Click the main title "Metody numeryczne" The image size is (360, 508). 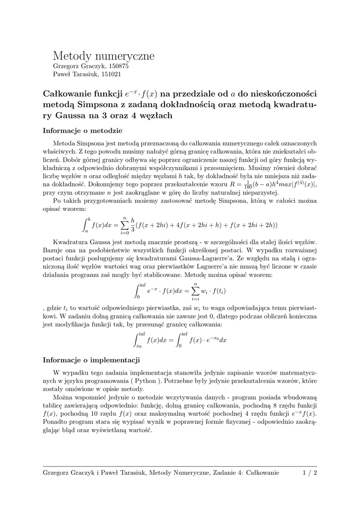pos(104,56)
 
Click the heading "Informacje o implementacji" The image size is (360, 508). pos(92,360)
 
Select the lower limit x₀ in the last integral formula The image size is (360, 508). pos(139,346)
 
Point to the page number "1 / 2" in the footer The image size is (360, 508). pos(309,473)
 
